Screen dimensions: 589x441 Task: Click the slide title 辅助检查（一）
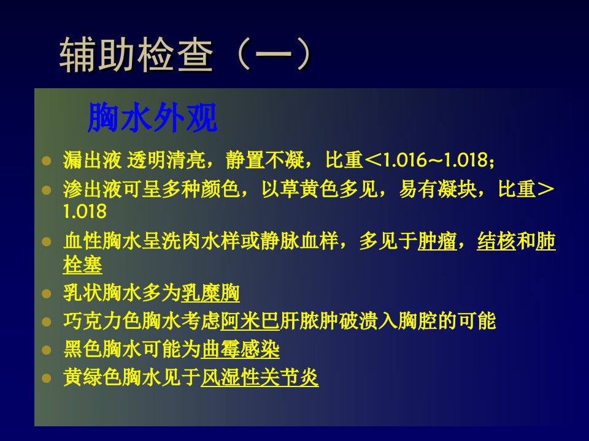coord(185,55)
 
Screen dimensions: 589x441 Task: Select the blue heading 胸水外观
coord(153,118)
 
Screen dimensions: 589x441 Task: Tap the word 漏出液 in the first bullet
coord(93,160)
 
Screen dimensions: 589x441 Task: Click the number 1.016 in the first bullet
coord(404,160)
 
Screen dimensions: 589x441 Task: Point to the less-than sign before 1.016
coord(373,160)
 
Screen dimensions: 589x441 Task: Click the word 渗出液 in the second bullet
coord(93,189)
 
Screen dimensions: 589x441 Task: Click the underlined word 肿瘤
coord(437,241)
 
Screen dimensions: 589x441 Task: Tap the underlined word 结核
coord(496,241)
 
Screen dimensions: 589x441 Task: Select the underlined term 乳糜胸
coord(210,293)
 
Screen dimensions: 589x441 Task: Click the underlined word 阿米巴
coord(250,321)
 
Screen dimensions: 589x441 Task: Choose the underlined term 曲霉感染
coord(240,350)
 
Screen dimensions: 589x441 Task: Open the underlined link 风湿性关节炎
coord(260,378)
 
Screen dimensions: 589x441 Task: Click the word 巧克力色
coord(102,321)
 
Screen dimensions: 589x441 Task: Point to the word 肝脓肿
coord(309,321)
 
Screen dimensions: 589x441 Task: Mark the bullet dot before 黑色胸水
coord(46,350)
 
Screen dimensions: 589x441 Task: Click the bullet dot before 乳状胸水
coord(46,293)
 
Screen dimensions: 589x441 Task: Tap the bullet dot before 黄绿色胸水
coord(46,379)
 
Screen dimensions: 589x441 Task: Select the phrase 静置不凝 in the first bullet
coord(265,160)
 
